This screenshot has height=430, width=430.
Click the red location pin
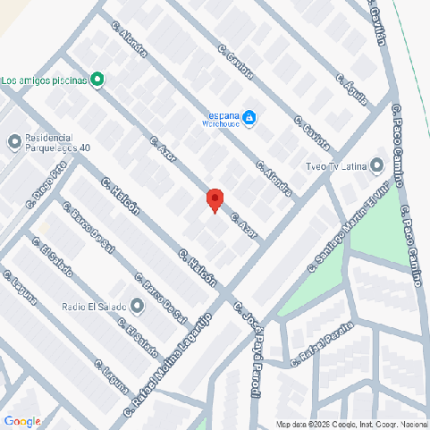point(215,199)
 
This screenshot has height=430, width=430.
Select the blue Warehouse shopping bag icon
point(250,117)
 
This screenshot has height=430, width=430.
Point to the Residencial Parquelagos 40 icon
point(13,141)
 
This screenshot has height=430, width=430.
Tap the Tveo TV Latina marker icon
point(376,165)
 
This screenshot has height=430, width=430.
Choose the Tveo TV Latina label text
point(337,165)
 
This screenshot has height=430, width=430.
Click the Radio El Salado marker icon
point(136,307)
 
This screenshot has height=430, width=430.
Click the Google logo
point(22,421)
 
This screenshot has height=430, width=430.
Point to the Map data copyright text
point(351,424)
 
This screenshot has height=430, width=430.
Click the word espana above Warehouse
point(224,115)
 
